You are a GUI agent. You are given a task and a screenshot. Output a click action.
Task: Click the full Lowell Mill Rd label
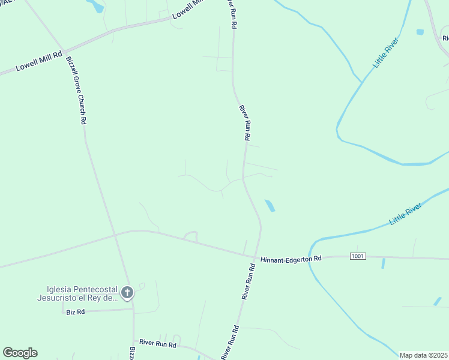[x=39, y=61]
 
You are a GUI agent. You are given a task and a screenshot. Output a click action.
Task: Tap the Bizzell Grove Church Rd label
[x=76, y=90]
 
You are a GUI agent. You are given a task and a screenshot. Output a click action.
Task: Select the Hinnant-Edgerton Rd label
[x=291, y=259]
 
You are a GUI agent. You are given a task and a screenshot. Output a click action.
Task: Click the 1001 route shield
[x=358, y=256]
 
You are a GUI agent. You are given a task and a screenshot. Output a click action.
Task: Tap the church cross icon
[x=127, y=293]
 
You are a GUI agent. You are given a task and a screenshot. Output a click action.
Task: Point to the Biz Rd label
[x=76, y=312]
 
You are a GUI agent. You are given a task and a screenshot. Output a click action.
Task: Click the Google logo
[x=20, y=353]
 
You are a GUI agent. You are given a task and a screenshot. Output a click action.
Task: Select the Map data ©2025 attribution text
[x=424, y=355]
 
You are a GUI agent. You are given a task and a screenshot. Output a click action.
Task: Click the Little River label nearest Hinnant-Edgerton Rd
[x=405, y=214]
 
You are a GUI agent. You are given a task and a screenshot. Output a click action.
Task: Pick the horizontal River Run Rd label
[x=158, y=344]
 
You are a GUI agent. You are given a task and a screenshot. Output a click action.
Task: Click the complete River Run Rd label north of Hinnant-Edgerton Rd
[x=244, y=123]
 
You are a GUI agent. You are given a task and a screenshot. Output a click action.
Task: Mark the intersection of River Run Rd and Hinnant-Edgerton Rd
[x=256, y=258]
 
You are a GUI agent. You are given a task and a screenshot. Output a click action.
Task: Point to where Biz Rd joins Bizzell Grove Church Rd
[x=133, y=310]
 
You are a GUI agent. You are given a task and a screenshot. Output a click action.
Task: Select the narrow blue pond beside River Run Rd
[x=270, y=206]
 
